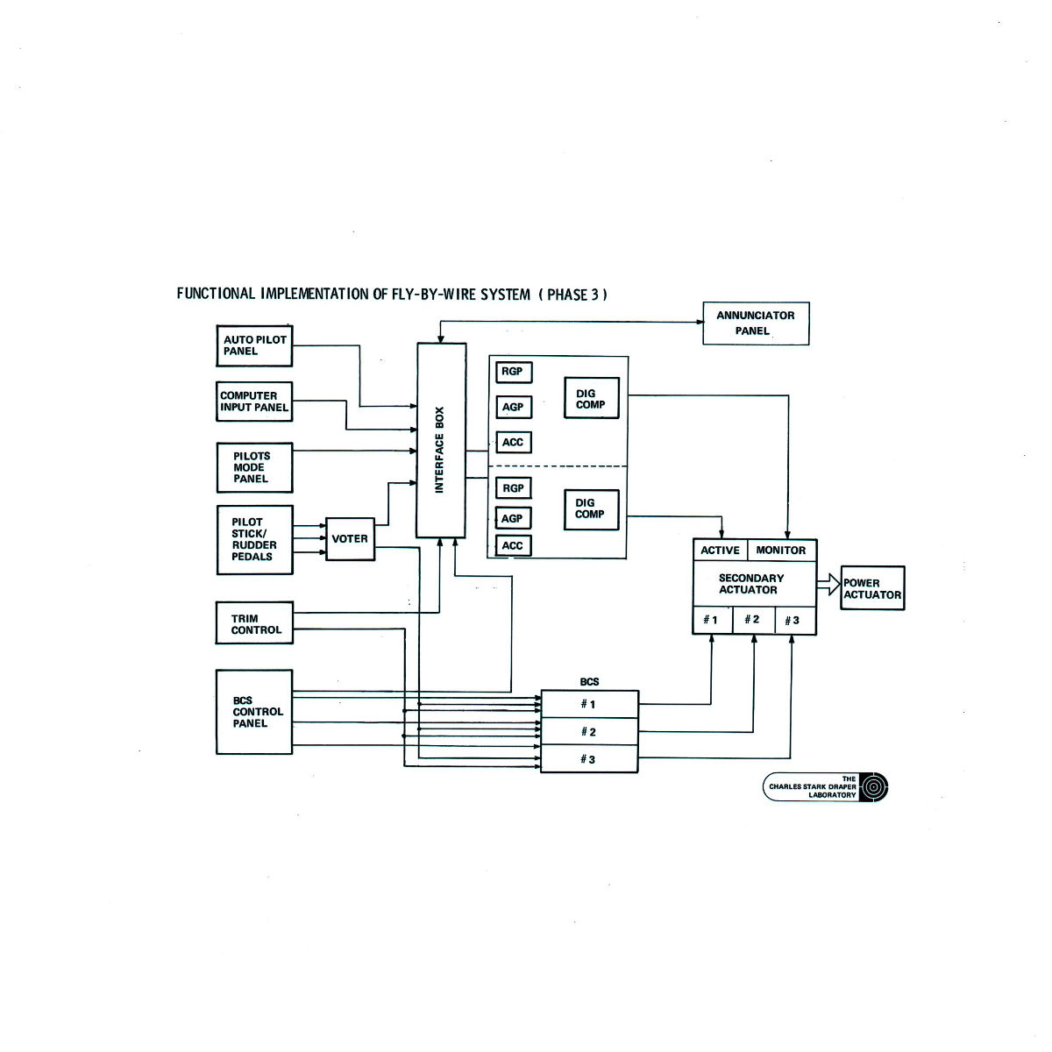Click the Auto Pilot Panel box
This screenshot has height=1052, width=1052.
[x=254, y=345]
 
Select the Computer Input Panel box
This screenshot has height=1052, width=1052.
[x=254, y=402]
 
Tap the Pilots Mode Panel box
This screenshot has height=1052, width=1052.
[x=254, y=467]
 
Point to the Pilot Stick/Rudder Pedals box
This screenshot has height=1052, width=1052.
[x=254, y=539]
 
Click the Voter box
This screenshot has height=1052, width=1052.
[x=350, y=539]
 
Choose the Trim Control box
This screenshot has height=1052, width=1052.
[x=254, y=623]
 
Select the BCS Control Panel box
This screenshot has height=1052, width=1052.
[x=254, y=712]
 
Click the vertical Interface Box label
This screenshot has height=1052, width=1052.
[x=440, y=450]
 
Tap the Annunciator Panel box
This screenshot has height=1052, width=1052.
[x=756, y=323]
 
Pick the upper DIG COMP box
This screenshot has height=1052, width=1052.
[x=591, y=399]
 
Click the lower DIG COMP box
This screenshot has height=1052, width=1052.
[x=591, y=508]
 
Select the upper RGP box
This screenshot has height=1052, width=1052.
[x=513, y=372]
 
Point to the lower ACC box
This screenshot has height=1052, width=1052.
[x=513, y=546]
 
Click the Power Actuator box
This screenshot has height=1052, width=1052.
[x=872, y=588]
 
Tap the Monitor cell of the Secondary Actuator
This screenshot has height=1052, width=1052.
[x=781, y=551]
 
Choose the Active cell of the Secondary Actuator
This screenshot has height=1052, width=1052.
[x=720, y=551]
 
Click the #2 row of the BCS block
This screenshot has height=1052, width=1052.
[x=589, y=732]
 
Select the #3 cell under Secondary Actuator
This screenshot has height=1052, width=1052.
[x=793, y=621]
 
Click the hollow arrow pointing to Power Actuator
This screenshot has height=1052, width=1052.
[x=828, y=585]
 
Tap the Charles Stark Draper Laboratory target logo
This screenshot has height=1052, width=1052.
[x=874, y=786]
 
